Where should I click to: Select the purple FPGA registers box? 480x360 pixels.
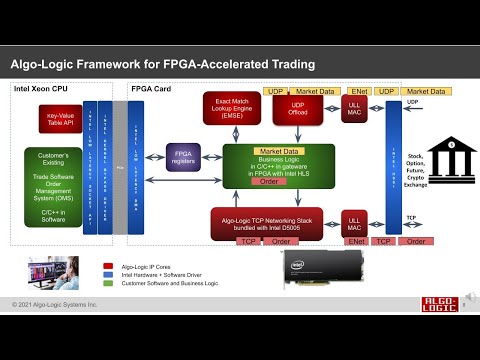(x=185, y=156)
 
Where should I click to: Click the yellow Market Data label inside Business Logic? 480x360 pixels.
(x=265, y=151)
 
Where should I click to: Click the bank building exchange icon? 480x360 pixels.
(x=429, y=157)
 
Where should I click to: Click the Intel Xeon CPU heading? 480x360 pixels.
(x=41, y=88)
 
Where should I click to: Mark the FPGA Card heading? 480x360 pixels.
(x=152, y=88)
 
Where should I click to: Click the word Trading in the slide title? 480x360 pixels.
(x=288, y=64)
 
